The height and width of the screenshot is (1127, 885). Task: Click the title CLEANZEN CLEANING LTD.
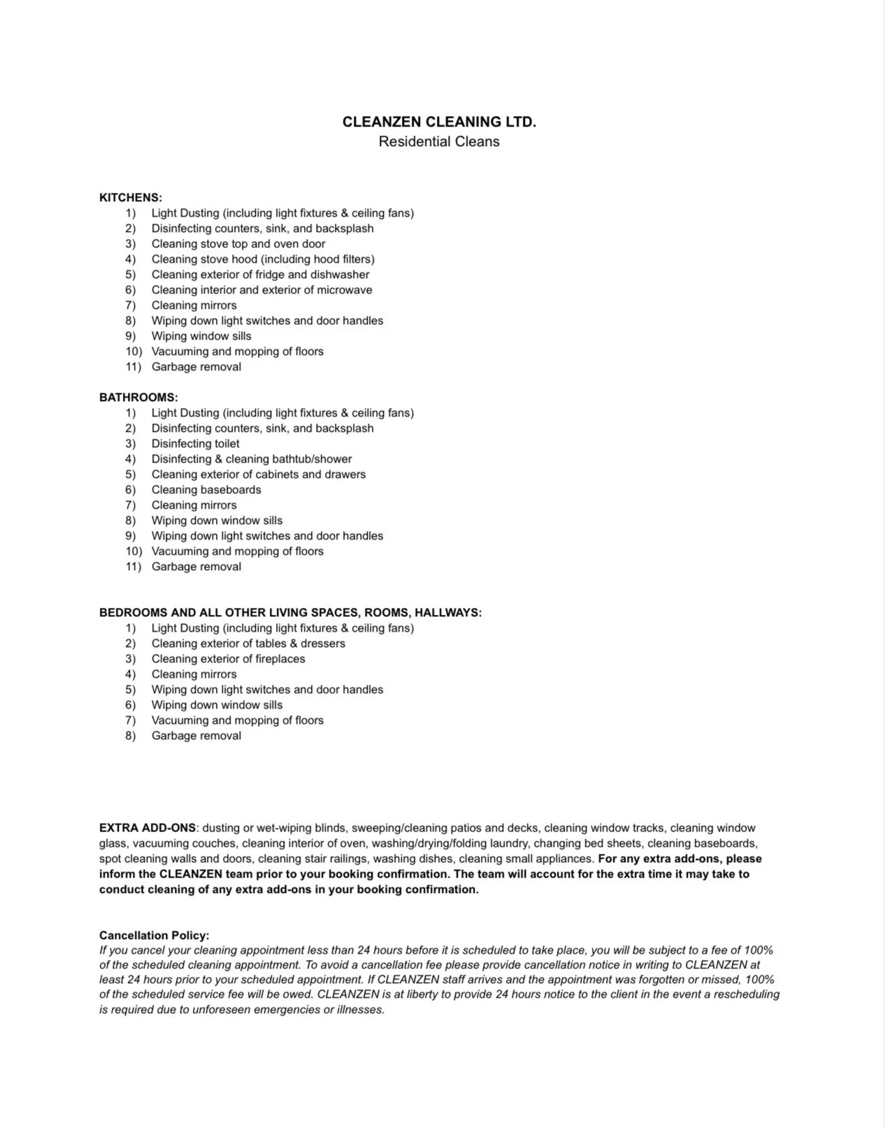click(x=439, y=122)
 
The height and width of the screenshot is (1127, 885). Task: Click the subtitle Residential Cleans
click(x=439, y=141)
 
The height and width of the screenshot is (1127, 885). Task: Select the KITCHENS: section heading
click(x=131, y=198)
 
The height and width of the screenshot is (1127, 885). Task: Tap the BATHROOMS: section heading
click(x=138, y=398)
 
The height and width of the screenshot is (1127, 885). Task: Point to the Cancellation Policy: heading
click(x=154, y=935)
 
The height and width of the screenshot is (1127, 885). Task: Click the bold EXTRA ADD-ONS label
click(x=147, y=828)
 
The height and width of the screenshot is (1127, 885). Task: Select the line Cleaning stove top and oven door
click(x=238, y=244)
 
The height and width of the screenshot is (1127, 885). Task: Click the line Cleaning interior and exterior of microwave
click(x=261, y=290)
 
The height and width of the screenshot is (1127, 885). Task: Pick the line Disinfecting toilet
click(x=195, y=444)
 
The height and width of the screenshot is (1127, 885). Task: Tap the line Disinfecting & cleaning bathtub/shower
click(x=252, y=459)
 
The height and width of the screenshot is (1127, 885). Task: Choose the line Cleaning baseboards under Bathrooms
click(x=206, y=490)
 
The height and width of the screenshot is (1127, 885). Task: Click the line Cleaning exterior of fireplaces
click(x=228, y=659)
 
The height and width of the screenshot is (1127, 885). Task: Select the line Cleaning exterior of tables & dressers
click(x=248, y=644)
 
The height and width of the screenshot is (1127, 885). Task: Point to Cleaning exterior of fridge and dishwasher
click(x=260, y=275)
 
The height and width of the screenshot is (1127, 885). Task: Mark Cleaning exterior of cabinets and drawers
click(x=259, y=474)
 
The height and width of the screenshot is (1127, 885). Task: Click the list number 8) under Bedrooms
click(x=131, y=736)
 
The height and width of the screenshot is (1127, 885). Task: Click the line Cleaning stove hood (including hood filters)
click(x=263, y=259)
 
